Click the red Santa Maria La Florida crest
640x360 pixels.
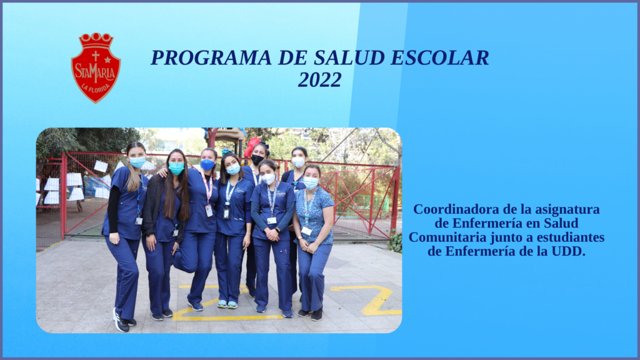96,67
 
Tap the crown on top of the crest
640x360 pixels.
96,41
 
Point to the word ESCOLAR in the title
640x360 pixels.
440,57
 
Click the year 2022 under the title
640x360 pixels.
319,79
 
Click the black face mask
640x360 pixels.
257,159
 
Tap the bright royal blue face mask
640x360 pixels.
207,165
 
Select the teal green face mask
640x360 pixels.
176,168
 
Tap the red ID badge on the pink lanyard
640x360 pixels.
209,211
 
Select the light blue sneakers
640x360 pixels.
227,304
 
